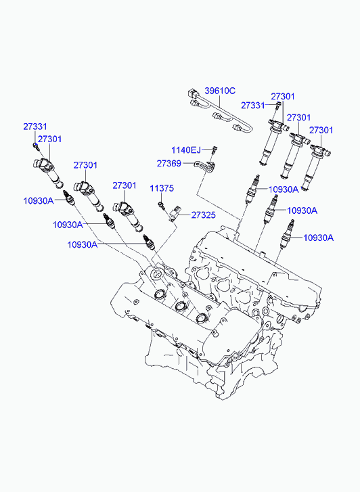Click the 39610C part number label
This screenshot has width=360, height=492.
click(x=220, y=91)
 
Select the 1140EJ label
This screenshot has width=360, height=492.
click(x=186, y=150)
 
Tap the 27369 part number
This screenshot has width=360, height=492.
click(x=169, y=163)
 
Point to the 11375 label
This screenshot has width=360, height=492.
click(x=162, y=188)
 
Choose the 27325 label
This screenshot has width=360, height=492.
click(x=204, y=215)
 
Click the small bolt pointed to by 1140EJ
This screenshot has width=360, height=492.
click(x=215, y=150)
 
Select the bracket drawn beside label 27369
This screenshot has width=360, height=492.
click(x=206, y=166)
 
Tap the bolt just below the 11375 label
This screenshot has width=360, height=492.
click(x=161, y=205)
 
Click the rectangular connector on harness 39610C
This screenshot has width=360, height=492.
click(x=192, y=93)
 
